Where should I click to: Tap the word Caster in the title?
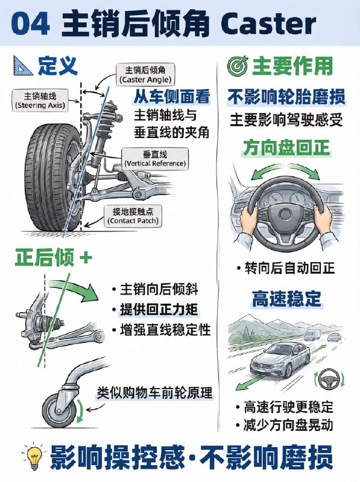[x=269, y=25]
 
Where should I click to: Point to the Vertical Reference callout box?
[x=155, y=158]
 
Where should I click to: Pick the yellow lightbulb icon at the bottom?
[x=28, y=456]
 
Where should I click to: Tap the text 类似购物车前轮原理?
[x=155, y=393]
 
